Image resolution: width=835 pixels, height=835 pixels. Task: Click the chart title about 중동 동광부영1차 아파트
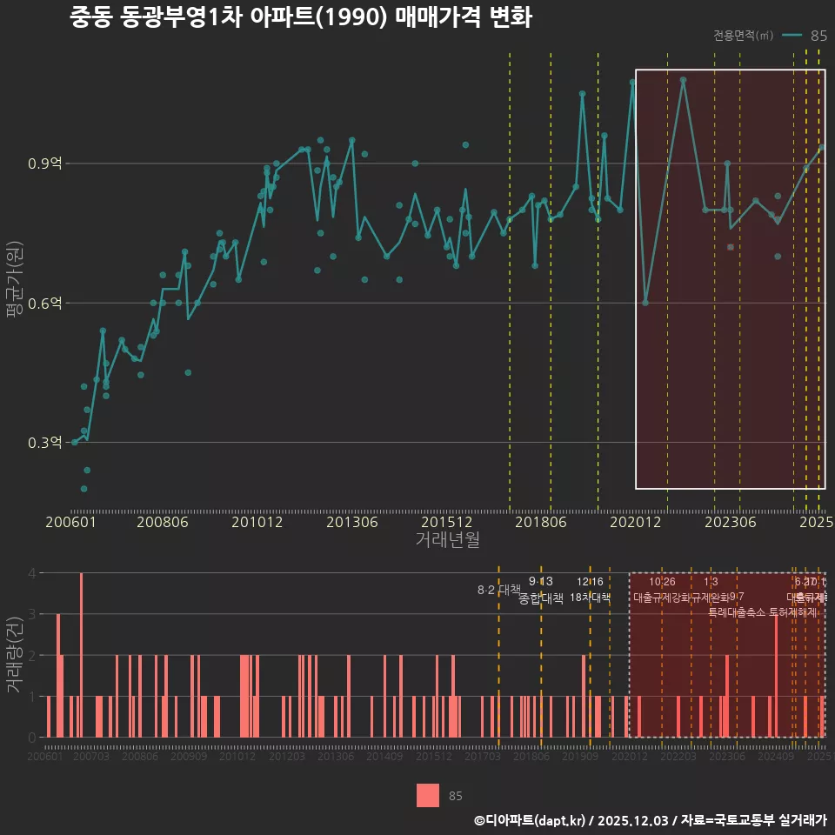(x=300, y=18)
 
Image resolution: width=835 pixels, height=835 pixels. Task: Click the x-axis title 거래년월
(x=447, y=539)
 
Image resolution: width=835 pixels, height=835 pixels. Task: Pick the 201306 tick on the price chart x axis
(x=351, y=522)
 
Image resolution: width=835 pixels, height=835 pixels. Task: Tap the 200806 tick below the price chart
(x=163, y=522)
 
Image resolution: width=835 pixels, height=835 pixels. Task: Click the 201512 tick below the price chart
(x=446, y=522)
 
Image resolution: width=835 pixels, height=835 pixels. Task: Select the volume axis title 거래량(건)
(x=13, y=656)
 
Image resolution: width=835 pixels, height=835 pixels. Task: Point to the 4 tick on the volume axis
(x=32, y=573)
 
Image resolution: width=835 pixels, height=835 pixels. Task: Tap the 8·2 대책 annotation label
(x=498, y=590)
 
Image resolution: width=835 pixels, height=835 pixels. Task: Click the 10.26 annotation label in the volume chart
(x=662, y=582)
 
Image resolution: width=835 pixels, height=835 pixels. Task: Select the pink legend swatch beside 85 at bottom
(x=427, y=795)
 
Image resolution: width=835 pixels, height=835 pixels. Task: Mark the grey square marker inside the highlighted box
(x=731, y=247)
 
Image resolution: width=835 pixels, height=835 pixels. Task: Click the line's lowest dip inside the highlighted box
(x=645, y=302)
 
